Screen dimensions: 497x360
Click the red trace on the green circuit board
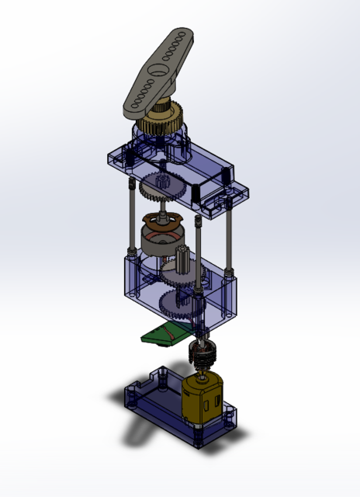click(x=166, y=332)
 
